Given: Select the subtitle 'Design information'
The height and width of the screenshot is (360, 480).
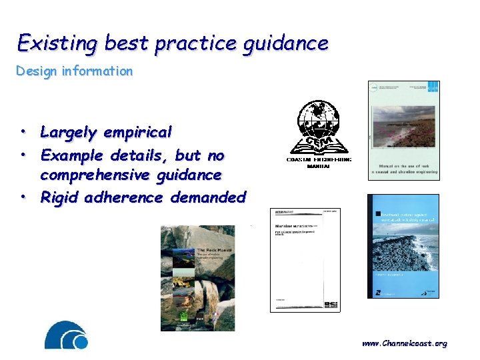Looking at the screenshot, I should tap(74, 71).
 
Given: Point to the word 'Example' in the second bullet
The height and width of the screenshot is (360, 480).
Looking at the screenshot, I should tap(70, 155).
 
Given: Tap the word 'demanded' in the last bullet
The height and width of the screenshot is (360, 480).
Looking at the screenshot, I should tap(208, 197).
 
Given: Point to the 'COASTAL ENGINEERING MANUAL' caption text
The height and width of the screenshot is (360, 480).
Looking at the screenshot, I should tap(319, 163).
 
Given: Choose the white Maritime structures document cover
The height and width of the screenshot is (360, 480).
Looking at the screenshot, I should tap(305, 260).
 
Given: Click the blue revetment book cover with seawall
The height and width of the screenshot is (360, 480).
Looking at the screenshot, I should tap(404, 247).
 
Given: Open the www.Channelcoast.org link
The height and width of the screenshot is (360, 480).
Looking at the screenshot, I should tap(405, 344).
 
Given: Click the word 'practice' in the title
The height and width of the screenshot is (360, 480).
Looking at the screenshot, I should tap(195, 43).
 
